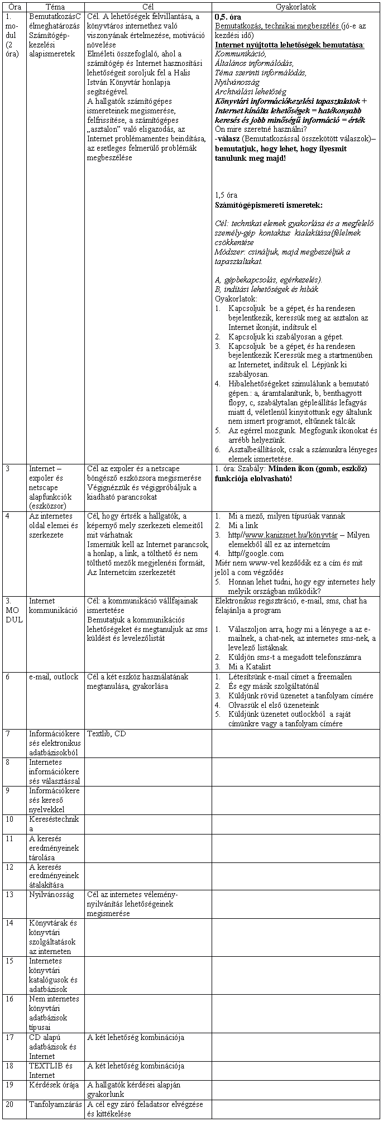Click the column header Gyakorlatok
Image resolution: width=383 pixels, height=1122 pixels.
295,7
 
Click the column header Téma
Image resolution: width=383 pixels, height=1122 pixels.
54,7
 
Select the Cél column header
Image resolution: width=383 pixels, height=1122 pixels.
147,7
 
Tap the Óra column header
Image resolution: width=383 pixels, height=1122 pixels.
14,7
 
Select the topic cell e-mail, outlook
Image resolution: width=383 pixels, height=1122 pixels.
54,677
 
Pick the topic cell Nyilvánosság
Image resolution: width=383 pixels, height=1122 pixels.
51,894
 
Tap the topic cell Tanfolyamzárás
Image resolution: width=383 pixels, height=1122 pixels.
55,1104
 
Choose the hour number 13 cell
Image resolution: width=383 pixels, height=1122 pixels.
9,894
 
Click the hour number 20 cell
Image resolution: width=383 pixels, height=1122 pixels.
9,1104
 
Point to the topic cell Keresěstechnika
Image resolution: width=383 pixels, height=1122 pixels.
54,823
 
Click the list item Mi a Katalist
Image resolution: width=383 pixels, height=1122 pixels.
250,667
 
